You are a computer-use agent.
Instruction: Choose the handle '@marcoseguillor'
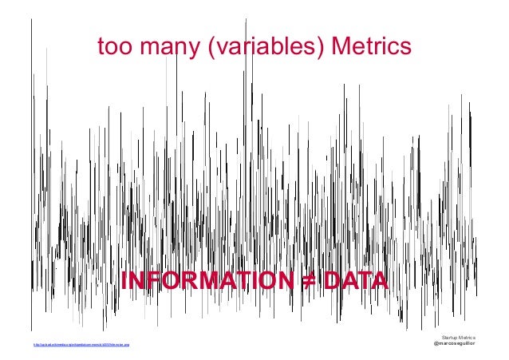click(x=454, y=345)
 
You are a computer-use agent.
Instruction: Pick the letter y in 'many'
click(x=195, y=52)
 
